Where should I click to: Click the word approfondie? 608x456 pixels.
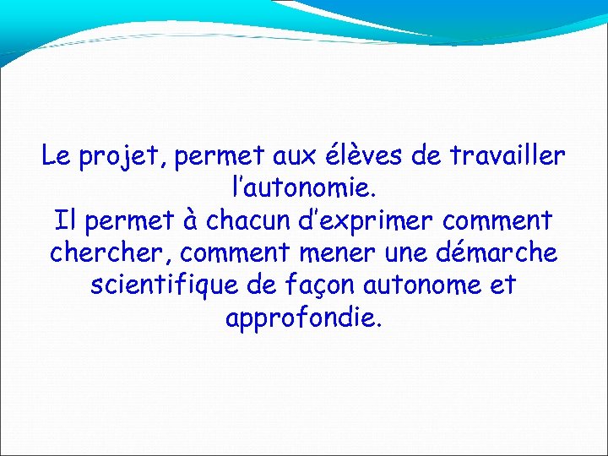(304, 318)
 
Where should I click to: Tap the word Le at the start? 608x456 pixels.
(57, 156)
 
